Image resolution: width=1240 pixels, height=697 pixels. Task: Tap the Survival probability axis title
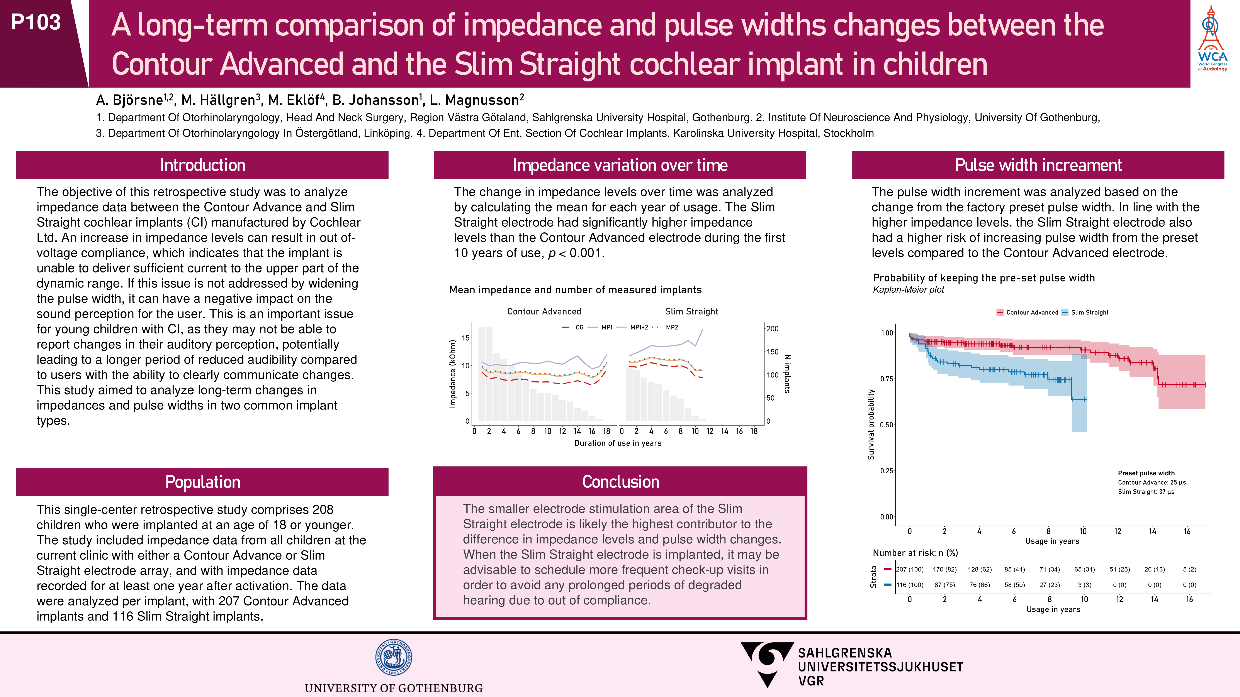click(x=871, y=424)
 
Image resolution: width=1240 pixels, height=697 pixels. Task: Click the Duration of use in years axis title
click(x=618, y=443)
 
